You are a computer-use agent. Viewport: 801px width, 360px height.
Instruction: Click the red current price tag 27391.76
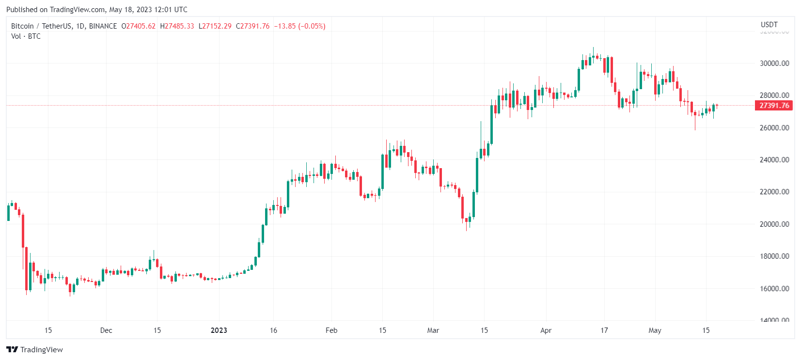[x=774, y=106]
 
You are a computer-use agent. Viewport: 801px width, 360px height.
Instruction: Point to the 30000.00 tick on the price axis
[x=774, y=63]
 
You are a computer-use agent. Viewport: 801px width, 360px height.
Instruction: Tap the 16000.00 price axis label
[x=774, y=289]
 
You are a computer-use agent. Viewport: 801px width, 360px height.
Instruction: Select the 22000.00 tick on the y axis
[x=774, y=192]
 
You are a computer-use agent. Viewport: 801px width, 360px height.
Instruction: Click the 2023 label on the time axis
[x=219, y=330]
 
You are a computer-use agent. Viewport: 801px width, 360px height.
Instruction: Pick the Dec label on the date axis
[x=106, y=330]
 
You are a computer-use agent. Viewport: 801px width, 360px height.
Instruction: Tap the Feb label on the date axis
[x=331, y=330]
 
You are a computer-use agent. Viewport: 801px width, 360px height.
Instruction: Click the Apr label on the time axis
[x=546, y=330]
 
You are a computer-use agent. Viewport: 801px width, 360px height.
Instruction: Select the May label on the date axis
[x=655, y=330]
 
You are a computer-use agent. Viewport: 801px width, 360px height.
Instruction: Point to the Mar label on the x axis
[x=433, y=330]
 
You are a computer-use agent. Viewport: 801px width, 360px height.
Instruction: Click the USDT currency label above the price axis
[x=769, y=25]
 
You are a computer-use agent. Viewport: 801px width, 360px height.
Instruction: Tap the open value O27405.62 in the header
[x=139, y=26]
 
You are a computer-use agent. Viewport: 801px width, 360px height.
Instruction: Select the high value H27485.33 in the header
[x=177, y=26]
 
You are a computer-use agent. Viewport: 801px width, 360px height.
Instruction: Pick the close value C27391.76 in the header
[x=253, y=26]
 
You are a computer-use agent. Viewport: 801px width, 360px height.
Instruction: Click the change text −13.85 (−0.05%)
[x=299, y=26]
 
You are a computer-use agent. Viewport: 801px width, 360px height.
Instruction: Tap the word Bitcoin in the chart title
[x=22, y=26]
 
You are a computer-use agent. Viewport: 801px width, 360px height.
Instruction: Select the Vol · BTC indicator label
[x=26, y=36]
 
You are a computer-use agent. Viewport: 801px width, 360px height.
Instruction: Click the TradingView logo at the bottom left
[x=35, y=350]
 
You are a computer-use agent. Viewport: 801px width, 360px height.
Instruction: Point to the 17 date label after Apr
[x=604, y=330]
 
